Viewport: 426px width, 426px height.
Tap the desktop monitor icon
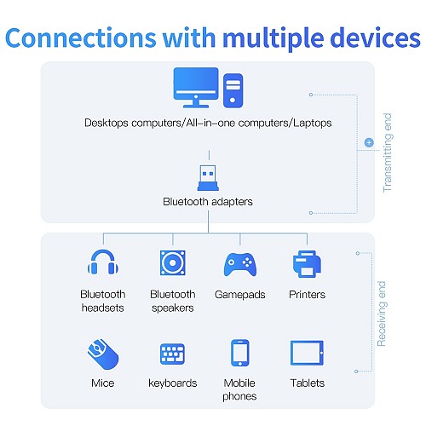pos(196,88)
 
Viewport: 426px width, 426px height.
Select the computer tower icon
pos(233,90)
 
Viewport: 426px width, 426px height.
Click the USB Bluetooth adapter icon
pos(208,177)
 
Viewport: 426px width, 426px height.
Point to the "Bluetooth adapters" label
pos(208,202)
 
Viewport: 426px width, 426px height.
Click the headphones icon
pos(103,262)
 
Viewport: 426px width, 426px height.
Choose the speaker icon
pos(173,262)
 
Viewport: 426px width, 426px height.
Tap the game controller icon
pos(240,264)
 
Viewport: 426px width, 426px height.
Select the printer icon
pos(307,264)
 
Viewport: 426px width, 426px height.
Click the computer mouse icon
pos(103,354)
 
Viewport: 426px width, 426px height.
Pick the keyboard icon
pos(173,354)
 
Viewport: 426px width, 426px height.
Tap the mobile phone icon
pos(240,353)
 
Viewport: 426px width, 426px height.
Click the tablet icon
pos(307,353)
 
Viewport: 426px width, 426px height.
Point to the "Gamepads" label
pos(240,295)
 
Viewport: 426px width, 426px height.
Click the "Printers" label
pos(307,294)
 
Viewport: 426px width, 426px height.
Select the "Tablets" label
pos(307,383)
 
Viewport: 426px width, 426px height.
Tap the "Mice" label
pos(103,383)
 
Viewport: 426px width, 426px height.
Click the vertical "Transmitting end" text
pos(388,153)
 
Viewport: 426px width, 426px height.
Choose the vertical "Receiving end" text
pos(382,314)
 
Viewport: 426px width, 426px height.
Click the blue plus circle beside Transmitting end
pos(369,142)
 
